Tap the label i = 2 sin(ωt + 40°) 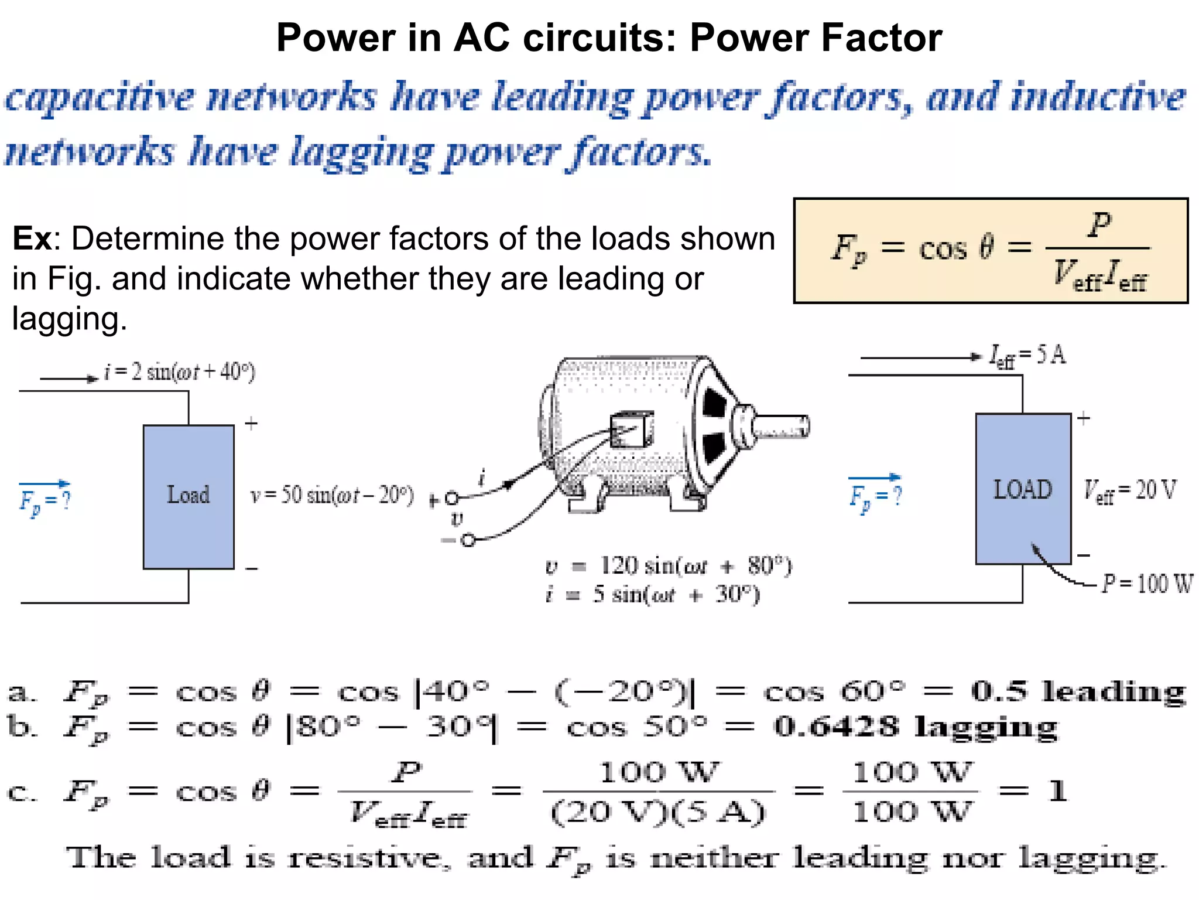pyautogui.click(x=179, y=372)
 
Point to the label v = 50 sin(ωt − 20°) pyautogui.click(x=332, y=496)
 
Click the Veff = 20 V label pyautogui.click(x=1129, y=490)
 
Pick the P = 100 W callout pyautogui.click(x=1147, y=584)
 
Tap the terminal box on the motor pyautogui.click(x=632, y=429)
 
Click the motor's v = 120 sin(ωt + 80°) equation pyautogui.click(x=668, y=567)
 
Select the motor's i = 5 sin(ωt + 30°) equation pyautogui.click(x=653, y=595)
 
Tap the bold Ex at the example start pyautogui.click(x=32, y=239)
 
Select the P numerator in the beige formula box pyautogui.click(x=1099, y=224)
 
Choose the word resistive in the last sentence pyautogui.click(x=364, y=858)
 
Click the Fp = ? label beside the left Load pyautogui.click(x=45, y=500)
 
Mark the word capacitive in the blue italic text pyautogui.click(x=100, y=98)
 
